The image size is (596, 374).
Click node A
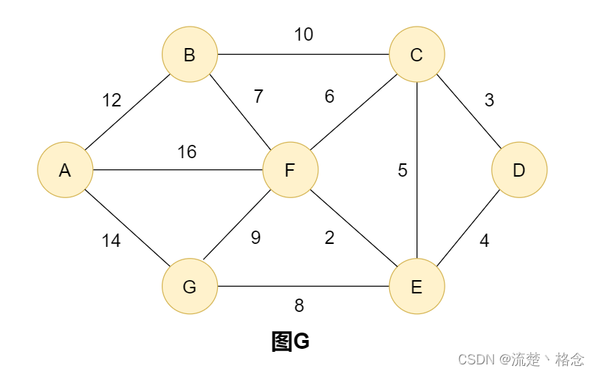tap(65, 170)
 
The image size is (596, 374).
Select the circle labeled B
tap(190, 55)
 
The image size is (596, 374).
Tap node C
tap(417, 55)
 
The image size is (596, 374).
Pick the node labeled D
tap(519, 170)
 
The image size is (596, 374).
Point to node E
tap(417, 286)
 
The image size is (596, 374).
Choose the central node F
tap(290, 170)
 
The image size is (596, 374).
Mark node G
tap(190, 286)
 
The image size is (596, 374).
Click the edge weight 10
tap(304, 34)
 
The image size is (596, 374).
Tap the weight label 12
tap(112, 101)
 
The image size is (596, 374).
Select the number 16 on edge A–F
tap(187, 152)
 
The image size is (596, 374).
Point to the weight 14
tap(111, 241)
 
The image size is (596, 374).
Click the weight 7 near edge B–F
tap(258, 96)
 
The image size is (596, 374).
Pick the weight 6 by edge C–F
tap(329, 96)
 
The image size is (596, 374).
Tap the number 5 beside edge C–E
tap(403, 170)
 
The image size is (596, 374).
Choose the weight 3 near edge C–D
tap(489, 101)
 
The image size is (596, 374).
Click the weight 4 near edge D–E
tap(484, 241)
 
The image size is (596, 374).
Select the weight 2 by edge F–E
tap(329, 238)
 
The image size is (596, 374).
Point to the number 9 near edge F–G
tap(256, 238)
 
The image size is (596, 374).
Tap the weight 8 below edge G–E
tap(299, 305)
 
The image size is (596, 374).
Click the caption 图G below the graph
tap(290, 341)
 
